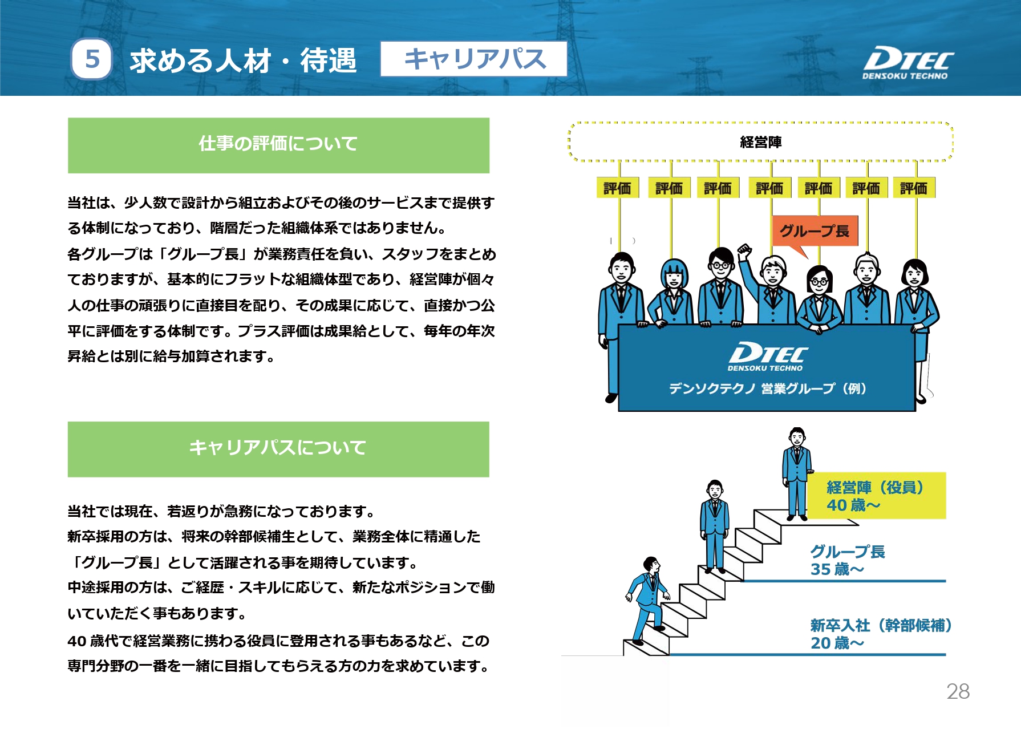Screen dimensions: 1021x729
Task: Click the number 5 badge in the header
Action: [x=92, y=59]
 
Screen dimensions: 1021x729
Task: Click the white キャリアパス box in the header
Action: [x=473, y=59]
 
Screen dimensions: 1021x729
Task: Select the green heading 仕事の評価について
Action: [x=278, y=145]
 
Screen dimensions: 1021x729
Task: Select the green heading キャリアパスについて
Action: [x=278, y=449]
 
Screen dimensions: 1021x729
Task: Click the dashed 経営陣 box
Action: [x=760, y=142]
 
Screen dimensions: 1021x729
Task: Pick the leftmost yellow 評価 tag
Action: [x=617, y=188]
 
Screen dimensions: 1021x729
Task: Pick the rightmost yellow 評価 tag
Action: [x=914, y=188]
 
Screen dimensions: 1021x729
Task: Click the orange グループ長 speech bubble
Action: [x=815, y=233]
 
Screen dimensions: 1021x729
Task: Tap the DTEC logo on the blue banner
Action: [x=768, y=357]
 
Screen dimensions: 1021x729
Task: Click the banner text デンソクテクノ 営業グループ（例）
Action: [x=768, y=389]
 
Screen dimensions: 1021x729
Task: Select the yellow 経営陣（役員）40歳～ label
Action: [x=876, y=496]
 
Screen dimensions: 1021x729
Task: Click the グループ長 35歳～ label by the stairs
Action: [x=848, y=560]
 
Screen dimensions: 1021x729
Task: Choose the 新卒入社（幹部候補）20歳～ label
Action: [x=881, y=634]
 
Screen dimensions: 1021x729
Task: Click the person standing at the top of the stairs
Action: [x=797, y=473]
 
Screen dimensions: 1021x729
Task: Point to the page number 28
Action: [x=958, y=691]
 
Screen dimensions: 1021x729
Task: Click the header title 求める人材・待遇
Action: [x=243, y=60]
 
